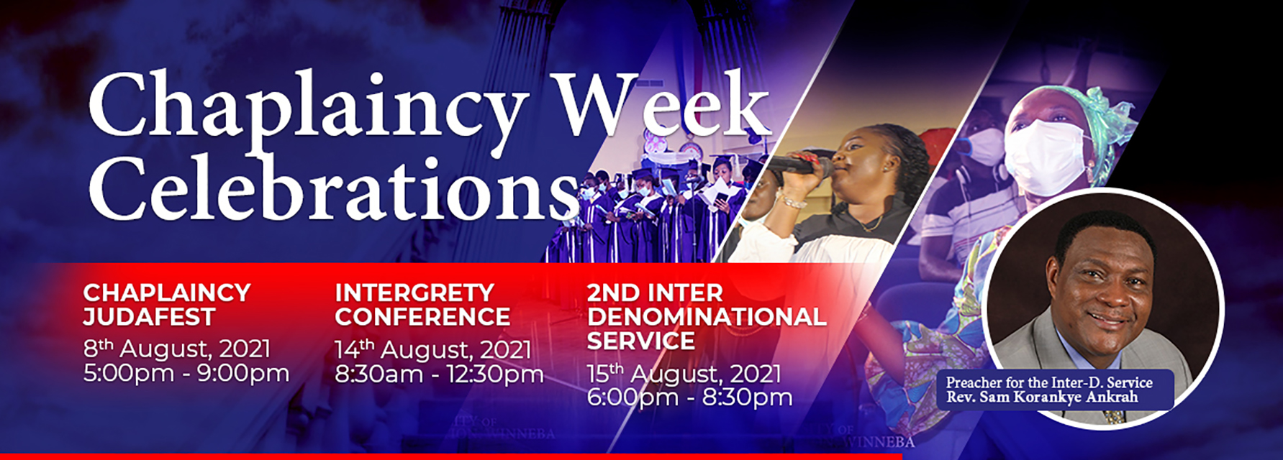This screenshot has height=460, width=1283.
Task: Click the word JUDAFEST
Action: click(x=149, y=317)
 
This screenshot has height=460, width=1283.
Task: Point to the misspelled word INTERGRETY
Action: click(x=414, y=293)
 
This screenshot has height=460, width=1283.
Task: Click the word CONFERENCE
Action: click(x=422, y=317)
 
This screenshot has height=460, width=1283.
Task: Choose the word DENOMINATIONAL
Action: click(x=706, y=317)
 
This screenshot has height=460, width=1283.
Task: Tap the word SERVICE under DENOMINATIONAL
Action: click(x=640, y=341)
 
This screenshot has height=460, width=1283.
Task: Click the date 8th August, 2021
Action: click(x=177, y=349)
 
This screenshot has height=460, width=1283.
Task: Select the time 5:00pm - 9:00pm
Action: click(x=186, y=374)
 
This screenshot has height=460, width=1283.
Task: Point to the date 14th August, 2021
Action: click(x=433, y=350)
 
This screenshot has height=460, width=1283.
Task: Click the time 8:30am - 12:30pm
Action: click(x=439, y=374)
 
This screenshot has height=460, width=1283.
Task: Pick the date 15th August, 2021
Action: click(x=684, y=374)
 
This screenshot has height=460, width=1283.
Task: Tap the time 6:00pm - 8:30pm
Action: click(x=689, y=397)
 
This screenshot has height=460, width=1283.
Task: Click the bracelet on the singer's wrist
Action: click(x=789, y=201)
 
